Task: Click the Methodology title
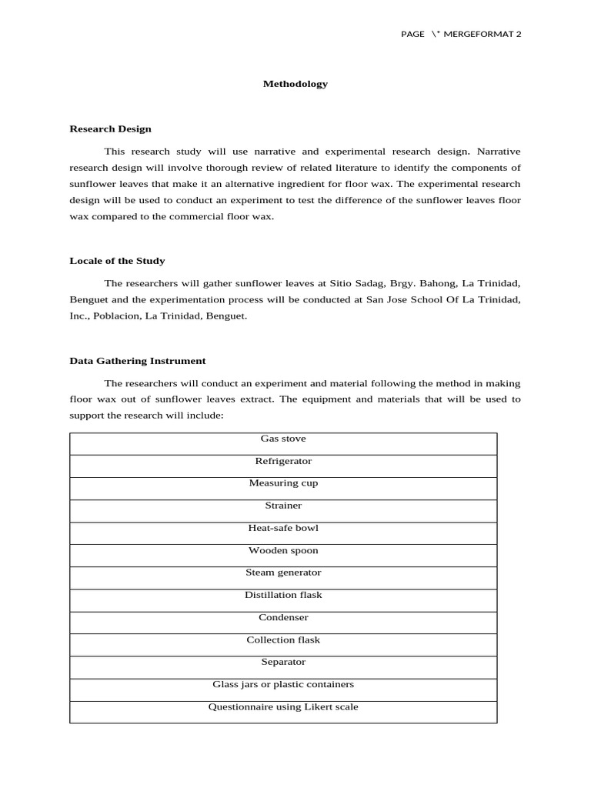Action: pos(295,84)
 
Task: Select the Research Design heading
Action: pos(110,129)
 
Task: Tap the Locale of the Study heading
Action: pos(117,261)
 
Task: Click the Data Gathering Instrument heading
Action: pos(137,361)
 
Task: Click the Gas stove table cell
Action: pos(283,439)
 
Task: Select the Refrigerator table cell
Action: pos(283,461)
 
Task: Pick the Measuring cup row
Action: pos(283,483)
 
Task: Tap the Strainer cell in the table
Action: pos(283,506)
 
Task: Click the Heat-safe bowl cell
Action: pos(283,528)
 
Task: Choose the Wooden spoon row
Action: pos(283,551)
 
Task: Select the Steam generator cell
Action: pos(283,573)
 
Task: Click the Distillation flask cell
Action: pos(283,595)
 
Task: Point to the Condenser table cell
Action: pos(283,617)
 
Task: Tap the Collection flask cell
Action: pos(283,639)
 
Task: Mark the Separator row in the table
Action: pos(283,662)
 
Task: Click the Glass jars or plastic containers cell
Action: pos(283,684)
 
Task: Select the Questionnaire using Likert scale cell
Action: pos(283,706)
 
